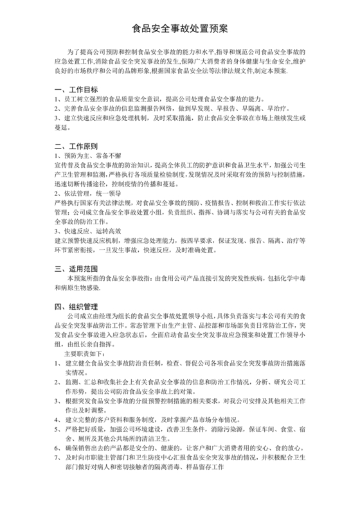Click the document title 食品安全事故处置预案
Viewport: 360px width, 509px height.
[x=179, y=29]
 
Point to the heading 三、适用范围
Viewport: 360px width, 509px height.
[x=76, y=267]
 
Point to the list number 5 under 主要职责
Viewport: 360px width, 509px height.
[x=57, y=427]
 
